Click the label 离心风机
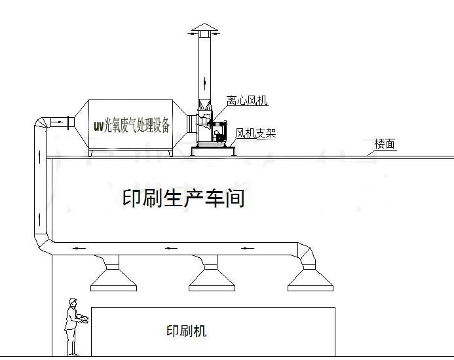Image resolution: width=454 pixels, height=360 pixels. tap(247, 101)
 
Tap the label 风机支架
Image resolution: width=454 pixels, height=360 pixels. tap(255, 134)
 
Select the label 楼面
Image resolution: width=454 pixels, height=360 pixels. tap(385, 145)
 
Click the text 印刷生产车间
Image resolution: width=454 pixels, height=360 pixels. tap(183, 199)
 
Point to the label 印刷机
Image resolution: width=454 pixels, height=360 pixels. tap(187, 331)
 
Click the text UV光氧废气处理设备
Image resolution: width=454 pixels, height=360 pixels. tap(132, 124)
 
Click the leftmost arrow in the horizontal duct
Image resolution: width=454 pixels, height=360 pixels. tap(78, 249)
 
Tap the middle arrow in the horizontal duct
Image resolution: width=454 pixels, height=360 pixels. tap(171, 249)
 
